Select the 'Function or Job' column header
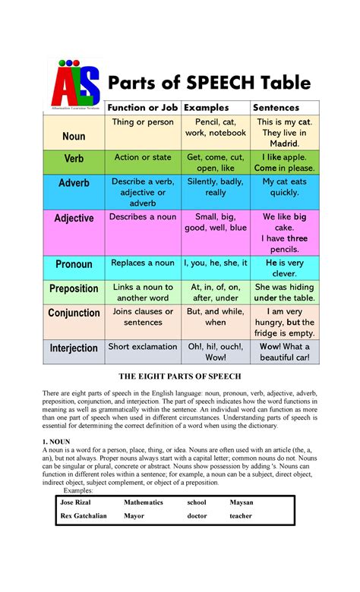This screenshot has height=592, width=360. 143,108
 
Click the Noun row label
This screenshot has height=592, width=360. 74,136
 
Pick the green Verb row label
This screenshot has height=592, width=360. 74,159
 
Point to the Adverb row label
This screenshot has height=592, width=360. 74,183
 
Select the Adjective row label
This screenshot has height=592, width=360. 74,218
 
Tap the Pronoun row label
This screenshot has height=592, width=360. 74,264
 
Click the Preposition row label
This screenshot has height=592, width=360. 74,288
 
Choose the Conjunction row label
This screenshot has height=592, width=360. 74,313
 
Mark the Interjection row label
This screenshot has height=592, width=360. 74,348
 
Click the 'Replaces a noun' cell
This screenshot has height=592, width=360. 143,263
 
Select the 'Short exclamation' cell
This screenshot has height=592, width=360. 143,347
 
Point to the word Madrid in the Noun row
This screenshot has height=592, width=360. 284,143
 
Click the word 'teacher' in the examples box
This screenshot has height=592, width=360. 242,515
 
